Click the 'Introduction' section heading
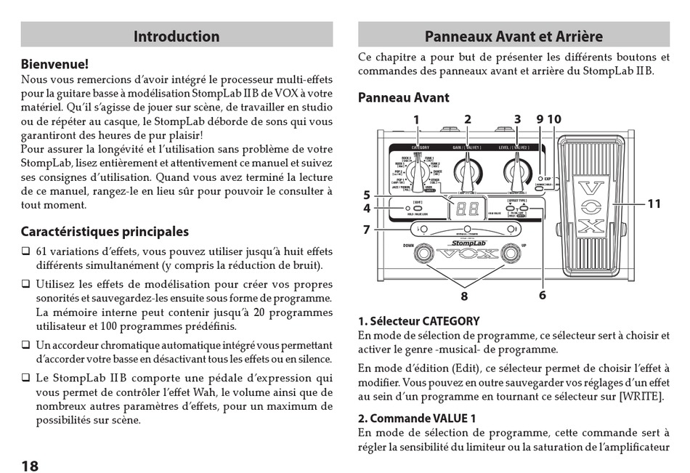click(x=176, y=36)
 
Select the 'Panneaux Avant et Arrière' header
click(x=514, y=36)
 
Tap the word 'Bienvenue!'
click(x=54, y=65)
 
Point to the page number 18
click(x=30, y=466)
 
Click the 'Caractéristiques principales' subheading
click(x=105, y=232)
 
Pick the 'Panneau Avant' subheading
click(x=404, y=97)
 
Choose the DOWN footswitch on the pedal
click(x=418, y=254)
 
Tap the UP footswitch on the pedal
click(x=513, y=254)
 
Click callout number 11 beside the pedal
click(x=654, y=204)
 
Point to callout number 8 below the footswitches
click(x=464, y=296)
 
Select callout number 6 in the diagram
click(x=543, y=295)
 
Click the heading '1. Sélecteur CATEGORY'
click(x=419, y=321)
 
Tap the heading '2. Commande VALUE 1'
click(x=417, y=419)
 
